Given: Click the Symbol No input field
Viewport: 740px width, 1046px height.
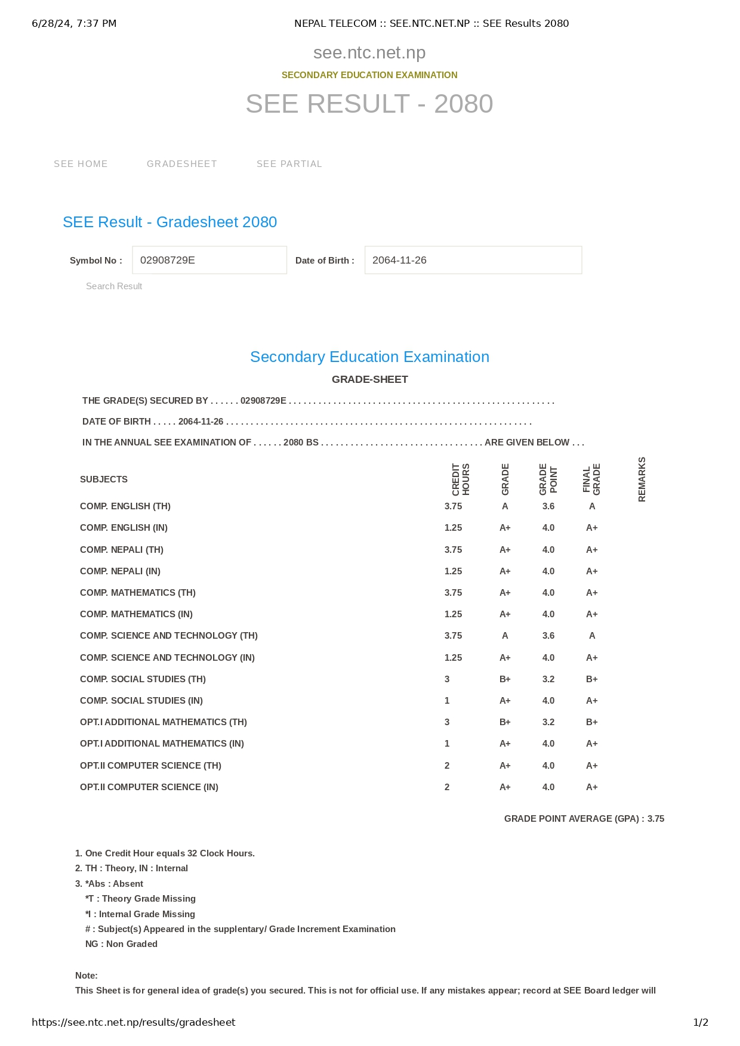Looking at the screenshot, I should click(x=209, y=260).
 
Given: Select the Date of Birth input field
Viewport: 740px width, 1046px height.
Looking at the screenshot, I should click(x=473, y=260).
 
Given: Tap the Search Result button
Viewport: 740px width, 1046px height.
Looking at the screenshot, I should click(x=114, y=286).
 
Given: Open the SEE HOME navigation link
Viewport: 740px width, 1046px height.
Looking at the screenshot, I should click(x=81, y=164).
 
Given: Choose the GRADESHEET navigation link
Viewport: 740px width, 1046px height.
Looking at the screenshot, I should click(x=182, y=164).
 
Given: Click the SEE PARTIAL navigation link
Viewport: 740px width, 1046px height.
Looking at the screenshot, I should click(x=289, y=164).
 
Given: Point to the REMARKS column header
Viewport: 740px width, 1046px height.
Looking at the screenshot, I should click(x=642, y=479).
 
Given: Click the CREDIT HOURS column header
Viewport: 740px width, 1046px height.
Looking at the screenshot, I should click(x=461, y=479).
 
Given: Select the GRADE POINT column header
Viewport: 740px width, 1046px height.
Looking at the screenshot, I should click(x=548, y=479).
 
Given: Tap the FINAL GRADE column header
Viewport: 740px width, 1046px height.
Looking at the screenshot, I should click(x=591, y=479).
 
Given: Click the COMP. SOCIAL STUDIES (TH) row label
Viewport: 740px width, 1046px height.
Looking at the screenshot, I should click(x=143, y=679).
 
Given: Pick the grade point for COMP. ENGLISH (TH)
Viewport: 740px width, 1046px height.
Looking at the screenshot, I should click(x=548, y=506).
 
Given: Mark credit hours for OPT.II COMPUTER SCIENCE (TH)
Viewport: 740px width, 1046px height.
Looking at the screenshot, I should click(x=447, y=766).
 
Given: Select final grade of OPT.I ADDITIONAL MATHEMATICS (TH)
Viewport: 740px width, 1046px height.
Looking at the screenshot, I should click(x=592, y=722).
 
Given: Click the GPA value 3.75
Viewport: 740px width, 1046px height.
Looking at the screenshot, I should click(x=656, y=819).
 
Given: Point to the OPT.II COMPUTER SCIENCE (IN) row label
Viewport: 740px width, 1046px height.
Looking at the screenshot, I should click(x=149, y=787).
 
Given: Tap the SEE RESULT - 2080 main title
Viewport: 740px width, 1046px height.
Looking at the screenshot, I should click(x=369, y=104).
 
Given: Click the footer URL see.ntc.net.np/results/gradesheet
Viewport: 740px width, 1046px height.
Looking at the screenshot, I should click(x=134, y=1022).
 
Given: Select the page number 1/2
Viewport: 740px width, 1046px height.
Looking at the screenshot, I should click(x=701, y=1022).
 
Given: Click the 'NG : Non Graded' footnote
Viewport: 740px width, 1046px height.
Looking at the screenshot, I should click(x=121, y=944).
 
